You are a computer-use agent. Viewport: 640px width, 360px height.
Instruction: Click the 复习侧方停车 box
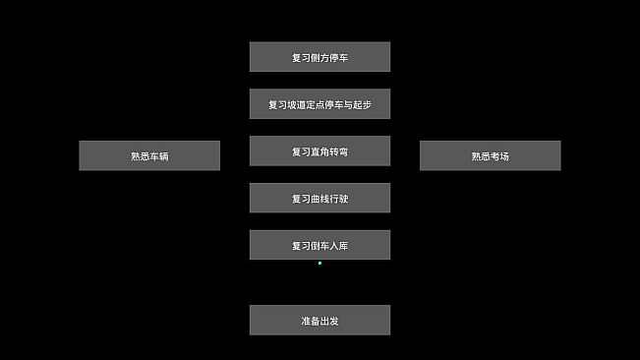point(320,57)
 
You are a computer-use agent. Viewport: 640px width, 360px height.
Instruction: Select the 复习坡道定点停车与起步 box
point(320,104)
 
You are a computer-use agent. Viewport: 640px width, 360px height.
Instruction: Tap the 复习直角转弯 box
point(320,151)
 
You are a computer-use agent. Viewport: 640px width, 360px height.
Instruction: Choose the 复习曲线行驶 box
point(320,199)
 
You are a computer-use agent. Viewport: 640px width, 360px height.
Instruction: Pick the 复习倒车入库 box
point(320,246)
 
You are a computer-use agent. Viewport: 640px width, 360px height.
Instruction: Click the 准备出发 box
point(320,321)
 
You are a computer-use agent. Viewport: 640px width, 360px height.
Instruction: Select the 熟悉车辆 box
point(149,155)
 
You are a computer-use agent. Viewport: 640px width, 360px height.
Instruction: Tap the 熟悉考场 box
point(490,155)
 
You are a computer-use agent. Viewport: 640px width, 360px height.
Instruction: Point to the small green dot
point(320,264)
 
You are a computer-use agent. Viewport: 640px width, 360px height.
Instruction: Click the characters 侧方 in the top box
point(320,57)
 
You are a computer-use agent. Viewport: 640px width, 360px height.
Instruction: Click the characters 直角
point(320,151)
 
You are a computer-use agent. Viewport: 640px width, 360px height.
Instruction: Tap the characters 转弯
point(338,151)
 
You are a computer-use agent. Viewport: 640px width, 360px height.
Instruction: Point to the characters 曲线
point(320,199)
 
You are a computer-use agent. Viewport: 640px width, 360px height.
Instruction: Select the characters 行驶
point(338,199)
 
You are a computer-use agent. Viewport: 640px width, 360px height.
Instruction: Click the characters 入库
point(338,246)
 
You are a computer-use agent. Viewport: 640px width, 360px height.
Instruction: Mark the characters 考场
point(499,155)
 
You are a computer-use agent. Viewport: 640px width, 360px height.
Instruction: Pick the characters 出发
point(329,321)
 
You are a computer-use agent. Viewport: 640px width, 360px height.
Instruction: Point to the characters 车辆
point(159,155)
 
